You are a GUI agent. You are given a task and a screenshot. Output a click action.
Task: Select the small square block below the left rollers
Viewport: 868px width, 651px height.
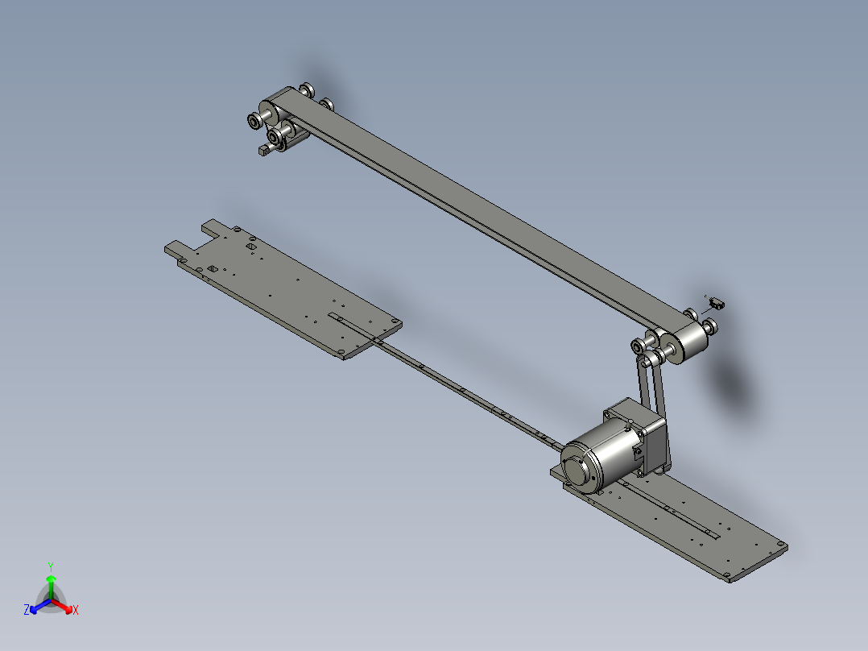[x=263, y=150]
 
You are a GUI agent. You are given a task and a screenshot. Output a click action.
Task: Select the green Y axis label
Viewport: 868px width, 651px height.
[x=50, y=566]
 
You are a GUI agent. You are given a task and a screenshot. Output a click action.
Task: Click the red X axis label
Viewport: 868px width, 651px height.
[x=76, y=610]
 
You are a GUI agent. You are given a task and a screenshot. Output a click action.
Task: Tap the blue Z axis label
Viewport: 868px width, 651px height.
[x=27, y=610]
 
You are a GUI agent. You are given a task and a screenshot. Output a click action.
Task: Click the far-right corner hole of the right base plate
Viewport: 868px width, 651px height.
[x=779, y=547]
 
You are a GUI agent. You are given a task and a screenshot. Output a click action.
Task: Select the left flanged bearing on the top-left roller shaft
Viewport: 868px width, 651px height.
[x=254, y=121]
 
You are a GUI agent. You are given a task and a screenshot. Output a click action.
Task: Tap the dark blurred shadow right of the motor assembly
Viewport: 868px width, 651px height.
[x=737, y=387]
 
